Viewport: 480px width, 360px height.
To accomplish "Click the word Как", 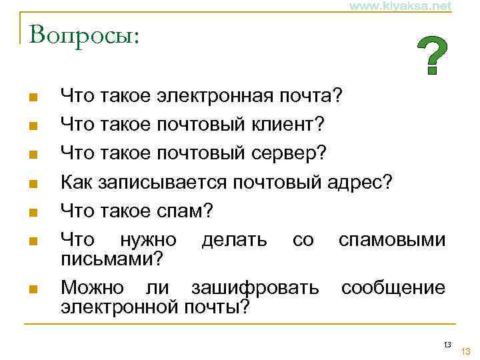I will pyautogui.click(x=77, y=182).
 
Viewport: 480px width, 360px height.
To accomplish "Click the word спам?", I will pyautogui.click(x=186, y=211).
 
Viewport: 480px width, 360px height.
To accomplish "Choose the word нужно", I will pyautogui.click(x=147, y=240).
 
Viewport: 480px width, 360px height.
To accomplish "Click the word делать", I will pyautogui.click(x=234, y=240).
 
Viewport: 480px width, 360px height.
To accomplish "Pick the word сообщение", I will pyautogui.click(x=393, y=288).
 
